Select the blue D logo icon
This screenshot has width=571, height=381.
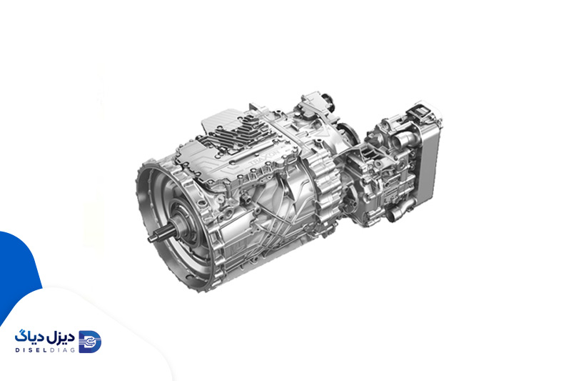pyautogui.click(x=91, y=342)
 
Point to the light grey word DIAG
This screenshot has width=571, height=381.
pyautogui.click(x=64, y=350)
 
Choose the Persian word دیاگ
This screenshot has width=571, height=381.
pyautogui.click(x=30, y=337)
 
